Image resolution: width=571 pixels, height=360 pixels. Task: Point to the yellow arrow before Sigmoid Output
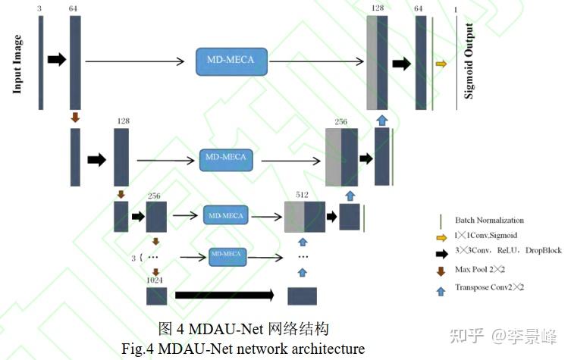(441, 64)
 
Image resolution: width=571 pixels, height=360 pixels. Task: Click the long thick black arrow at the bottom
(224, 295)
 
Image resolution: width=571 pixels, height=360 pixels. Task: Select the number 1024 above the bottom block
(156, 280)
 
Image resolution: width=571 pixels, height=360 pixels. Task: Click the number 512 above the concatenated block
(302, 195)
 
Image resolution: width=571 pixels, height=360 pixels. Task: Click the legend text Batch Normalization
(489, 221)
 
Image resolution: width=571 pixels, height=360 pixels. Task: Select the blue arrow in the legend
(441, 287)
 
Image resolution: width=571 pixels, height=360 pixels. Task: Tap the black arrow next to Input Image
(57, 60)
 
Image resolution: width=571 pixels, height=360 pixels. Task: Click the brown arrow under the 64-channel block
(74, 117)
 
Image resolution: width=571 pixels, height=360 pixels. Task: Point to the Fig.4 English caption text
(243, 349)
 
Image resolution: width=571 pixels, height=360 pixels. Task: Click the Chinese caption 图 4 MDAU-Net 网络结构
(243, 329)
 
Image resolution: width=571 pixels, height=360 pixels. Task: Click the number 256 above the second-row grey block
(341, 121)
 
